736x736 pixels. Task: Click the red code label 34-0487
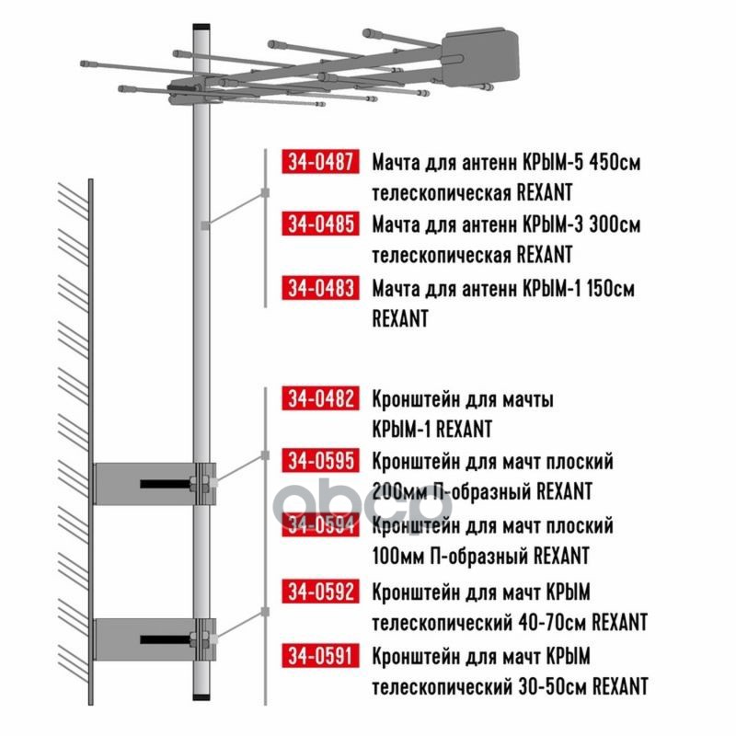pyautogui.click(x=320, y=162)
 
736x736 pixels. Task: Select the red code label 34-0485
pyautogui.click(x=320, y=224)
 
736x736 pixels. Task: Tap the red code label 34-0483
pyautogui.click(x=320, y=287)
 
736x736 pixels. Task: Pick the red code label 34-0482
pyautogui.click(x=320, y=398)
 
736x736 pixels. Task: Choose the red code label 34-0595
pyautogui.click(x=320, y=461)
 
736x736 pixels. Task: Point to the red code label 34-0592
pyautogui.click(x=320, y=592)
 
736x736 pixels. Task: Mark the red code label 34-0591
pyautogui.click(x=320, y=656)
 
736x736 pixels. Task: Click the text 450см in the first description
pyautogui.click(x=615, y=163)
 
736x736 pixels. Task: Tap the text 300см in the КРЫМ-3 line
pyautogui.click(x=615, y=224)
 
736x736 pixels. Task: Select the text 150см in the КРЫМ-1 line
pyautogui.click(x=610, y=288)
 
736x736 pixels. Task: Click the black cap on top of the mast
pyautogui.click(x=201, y=28)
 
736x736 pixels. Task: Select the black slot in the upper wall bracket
pyautogui.click(x=166, y=484)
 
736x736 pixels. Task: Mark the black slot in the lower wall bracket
pyautogui.click(x=166, y=639)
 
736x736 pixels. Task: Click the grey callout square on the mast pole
pyautogui.click(x=205, y=225)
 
